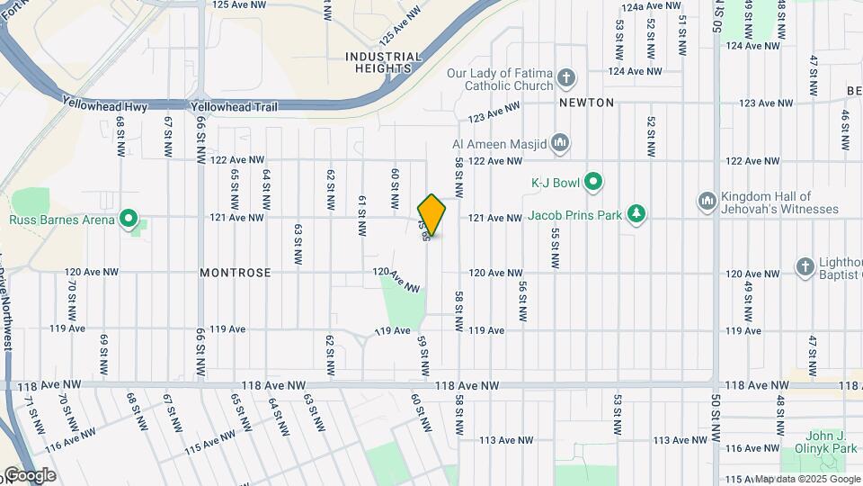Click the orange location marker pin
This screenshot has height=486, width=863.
tap(431, 215)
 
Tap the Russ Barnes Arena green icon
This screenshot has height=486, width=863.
tap(129, 219)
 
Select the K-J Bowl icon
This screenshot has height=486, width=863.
tap(593, 183)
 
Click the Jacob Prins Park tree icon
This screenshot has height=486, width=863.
tap(636, 213)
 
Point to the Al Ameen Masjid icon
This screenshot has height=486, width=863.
tap(560, 142)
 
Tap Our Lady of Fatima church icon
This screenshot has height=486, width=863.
tap(566, 78)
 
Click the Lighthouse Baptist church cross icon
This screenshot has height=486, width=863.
tap(805, 266)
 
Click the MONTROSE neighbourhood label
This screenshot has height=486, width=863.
tap(236, 272)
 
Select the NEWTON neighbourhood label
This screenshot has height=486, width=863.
tap(586, 103)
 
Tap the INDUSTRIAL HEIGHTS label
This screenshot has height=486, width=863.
tap(384, 62)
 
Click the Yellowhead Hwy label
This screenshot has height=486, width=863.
tap(105, 106)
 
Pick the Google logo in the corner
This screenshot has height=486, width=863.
tap(30, 475)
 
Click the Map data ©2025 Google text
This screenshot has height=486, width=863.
tap(806, 479)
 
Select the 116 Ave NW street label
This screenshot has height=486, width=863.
tap(71, 439)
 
